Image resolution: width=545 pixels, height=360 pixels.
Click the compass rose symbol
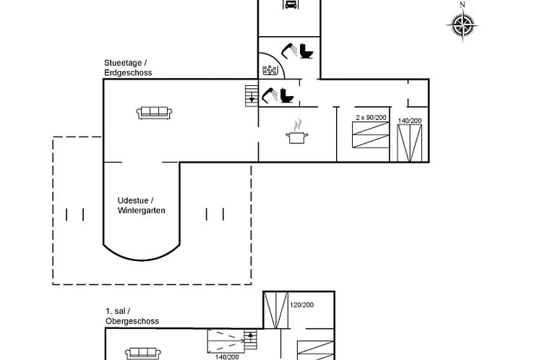pyautogui.click(x=463, y=25)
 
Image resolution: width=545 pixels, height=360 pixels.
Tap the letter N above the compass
pyautogui.click(x=463, y=5)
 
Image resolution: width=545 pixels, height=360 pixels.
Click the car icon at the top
pyautogui.click(x=290, y=4)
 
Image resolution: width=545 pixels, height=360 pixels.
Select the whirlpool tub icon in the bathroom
pyautogui.click(x=270, y=71)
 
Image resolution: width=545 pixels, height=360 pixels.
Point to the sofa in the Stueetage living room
pyautogui.click(x=155, y=113)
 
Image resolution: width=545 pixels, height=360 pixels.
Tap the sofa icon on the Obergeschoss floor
pyautogui.click(x=143, y=353)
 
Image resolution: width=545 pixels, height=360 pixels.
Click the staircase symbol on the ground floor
pyautogui.click(x=252, y=96)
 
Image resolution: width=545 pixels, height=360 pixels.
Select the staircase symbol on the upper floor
pyautogui.click(x=251, y=340)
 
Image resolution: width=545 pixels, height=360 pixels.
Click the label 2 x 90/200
pyautogui.click(x=371, y=117)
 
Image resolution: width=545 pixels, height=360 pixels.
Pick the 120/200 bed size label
pyautogui.click(x=301, y=305)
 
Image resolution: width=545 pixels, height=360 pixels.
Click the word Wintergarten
pyautogui.click(x=141, y=210)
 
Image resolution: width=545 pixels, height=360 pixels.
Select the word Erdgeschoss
pyautogui.click(x=128, y=72)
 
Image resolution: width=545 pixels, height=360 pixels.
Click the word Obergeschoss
pyautogui.click(x=132, y=321)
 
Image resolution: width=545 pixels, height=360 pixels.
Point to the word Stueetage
pyautogui.click(x=123, y=63)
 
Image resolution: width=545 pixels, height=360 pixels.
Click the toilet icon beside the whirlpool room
pyautogui.click(x=306, y=51)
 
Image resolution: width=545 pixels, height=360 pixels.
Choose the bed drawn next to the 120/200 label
pyautogui.click(x=276, y=310)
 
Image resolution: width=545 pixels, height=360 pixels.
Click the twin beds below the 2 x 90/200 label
pyautogui.click(x=371, y=135)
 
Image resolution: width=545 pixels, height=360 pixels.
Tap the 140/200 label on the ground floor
pyautogui.click(x=410, y=121)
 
